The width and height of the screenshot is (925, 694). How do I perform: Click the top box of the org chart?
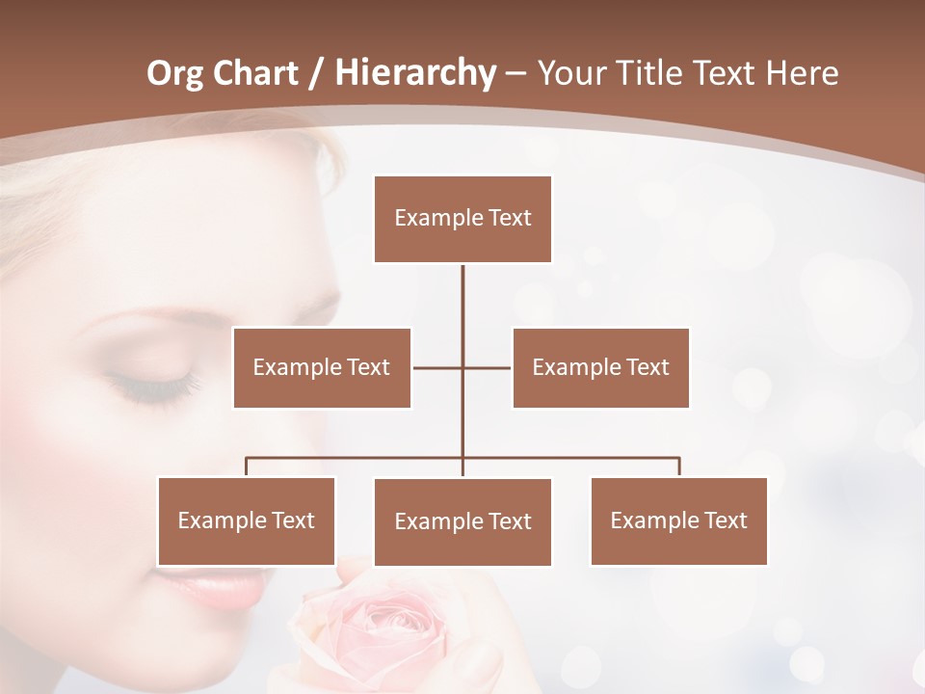tap(462, 219)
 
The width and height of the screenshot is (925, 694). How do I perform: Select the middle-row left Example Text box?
tap(322, 367)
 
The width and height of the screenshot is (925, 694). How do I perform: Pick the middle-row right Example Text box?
tap(600, 367)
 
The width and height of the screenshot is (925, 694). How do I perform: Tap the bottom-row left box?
tap(247, 520)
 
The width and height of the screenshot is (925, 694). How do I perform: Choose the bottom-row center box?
tap(462, 521)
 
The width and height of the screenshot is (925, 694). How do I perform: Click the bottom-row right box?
tap(678, 520)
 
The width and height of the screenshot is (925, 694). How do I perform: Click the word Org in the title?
tap(175, 73)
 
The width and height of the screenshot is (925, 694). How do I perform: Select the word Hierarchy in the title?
tap(414, 73)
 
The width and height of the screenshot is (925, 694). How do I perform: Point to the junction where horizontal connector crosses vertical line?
tap(462, 367)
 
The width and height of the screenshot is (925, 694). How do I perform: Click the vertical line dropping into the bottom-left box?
tap(247, 467)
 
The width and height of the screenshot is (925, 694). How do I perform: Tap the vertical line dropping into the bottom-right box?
tap(678, 467)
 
